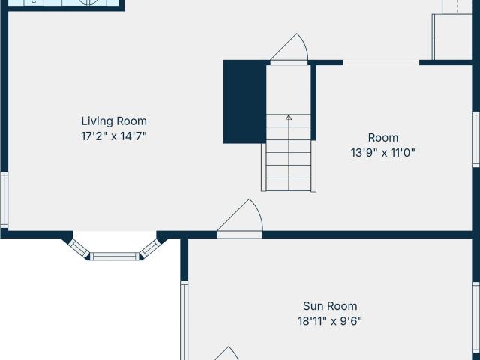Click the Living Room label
[x=114, y=121]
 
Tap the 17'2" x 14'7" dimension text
[x=114, y=136]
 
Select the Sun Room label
[x=330, y=306]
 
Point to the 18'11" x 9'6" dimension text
[x=330, y=321]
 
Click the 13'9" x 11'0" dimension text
[x=383, y=152]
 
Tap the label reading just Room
[x=383, y=138]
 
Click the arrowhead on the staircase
[x=289, y=118]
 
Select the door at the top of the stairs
[x=289, y=49]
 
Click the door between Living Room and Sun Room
[x=240, y=219]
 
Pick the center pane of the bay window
[x=115, y=256]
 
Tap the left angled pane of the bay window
[x=79, y=248]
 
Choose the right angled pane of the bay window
[x=150, y=248]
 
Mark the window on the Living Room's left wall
[x=4, y=200]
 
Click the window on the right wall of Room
[x=475, y=139]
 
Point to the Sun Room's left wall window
[x=184, y=320]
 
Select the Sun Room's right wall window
[x=475, y=321]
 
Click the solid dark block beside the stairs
[x=245, y=102]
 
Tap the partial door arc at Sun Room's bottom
[x=226, y=353]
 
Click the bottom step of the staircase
[x=289, y=184]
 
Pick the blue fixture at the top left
[x=64, y=3]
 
